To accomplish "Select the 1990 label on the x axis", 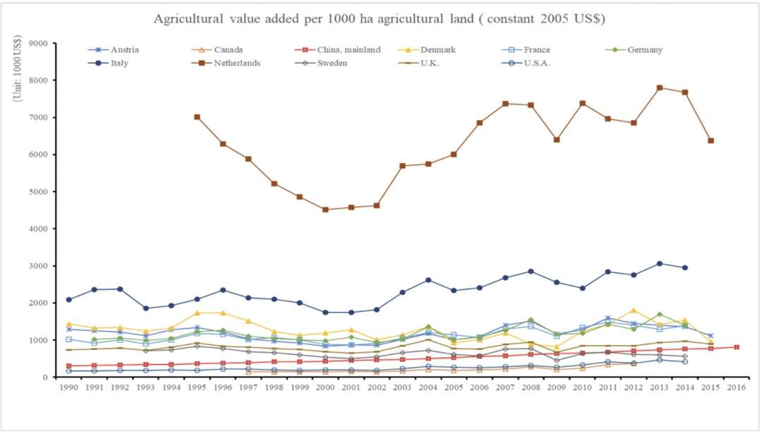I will pyautogui.click(x=68, y=388).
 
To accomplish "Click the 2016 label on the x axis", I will pyautogui.click(x=736, y=388).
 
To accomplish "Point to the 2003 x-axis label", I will pyautogui.click(x=402, y=388).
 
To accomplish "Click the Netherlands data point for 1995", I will pyautogui.click(x=197, y=117).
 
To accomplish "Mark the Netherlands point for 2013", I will pyautogui.click(x=659, y=88).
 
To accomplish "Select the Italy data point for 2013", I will pyautogui.click(x=659, y=264).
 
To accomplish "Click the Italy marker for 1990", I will pyautogui.click(x=68, y=300).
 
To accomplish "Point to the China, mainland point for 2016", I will pyautogui.click(x=736, y=347).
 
